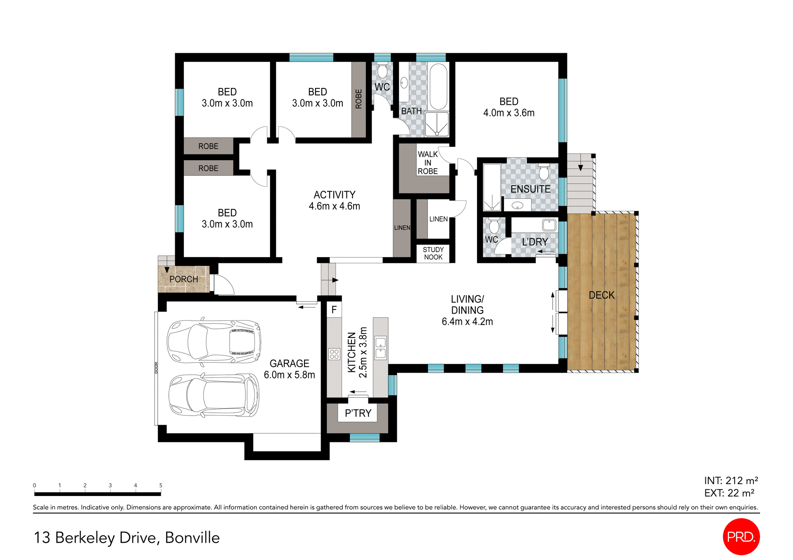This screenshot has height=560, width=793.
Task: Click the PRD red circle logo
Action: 741,536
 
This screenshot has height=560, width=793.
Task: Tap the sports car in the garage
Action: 214,342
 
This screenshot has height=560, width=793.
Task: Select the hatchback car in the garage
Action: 214,395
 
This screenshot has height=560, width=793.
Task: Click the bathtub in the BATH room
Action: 438,86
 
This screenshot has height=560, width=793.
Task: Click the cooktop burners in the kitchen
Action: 334,354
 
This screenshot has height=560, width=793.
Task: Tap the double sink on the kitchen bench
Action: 380,347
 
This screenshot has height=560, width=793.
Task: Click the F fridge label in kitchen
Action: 334,310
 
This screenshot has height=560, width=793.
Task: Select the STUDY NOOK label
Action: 433,253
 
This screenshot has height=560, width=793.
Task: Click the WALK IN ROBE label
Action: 427,163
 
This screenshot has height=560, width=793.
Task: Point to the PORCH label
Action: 184,279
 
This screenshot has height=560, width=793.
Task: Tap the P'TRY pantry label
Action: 358,413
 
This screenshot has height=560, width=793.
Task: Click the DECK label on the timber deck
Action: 601,295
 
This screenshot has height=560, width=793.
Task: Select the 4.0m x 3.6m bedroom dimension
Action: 509,113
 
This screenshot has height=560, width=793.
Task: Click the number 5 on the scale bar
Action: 161,485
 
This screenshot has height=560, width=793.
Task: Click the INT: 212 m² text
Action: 731,480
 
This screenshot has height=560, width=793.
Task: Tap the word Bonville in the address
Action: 192,538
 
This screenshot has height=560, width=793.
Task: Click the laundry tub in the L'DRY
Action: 549,225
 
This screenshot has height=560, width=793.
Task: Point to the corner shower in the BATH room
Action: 437,124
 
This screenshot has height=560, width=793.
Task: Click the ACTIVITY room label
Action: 334,195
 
